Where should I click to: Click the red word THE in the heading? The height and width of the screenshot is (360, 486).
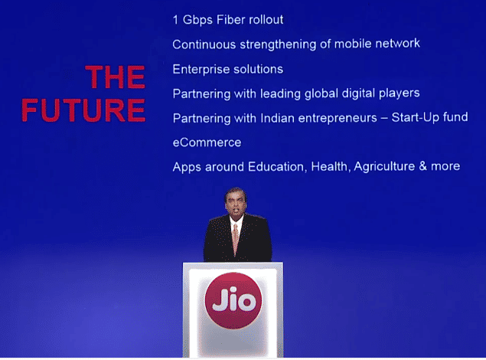[115, 77]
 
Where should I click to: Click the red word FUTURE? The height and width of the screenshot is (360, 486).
[83, 110]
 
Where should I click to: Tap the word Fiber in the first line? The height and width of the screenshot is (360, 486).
[227, 20]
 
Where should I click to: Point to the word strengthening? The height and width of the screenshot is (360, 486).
[278, 44]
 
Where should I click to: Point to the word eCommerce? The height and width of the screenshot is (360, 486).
[207, 142]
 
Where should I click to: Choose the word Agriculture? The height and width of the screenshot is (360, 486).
[384, 166]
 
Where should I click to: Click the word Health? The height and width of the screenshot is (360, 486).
[330, 166]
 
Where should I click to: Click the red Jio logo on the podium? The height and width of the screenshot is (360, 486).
[233, 300]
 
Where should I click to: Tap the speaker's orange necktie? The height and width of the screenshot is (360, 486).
[236, 238]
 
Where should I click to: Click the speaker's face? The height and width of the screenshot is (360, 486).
[236, 204]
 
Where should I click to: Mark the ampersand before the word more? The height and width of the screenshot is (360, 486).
[422, 166]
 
